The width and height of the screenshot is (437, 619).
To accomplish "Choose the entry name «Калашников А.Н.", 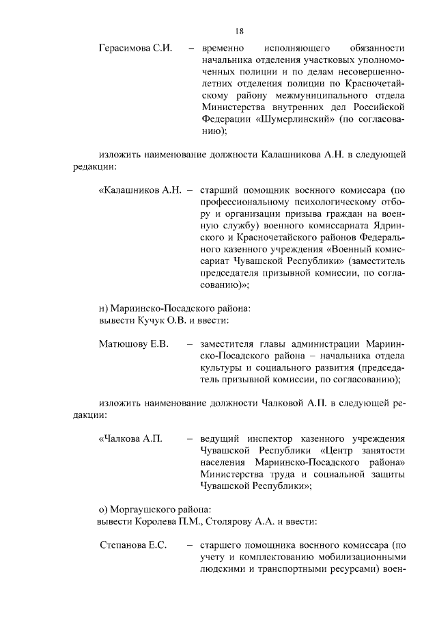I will point(139,189).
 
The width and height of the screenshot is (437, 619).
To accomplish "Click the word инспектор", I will point(278,438).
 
